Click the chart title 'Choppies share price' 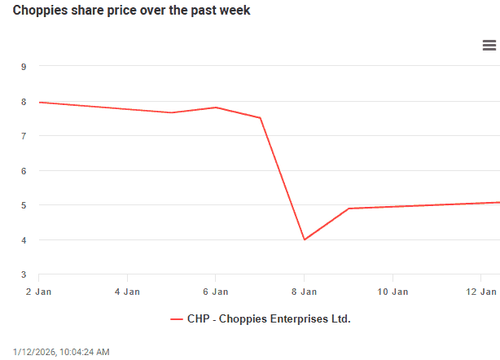(131, 11)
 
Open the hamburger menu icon (489, 46)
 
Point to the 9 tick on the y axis (24, 67)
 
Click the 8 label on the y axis (24, 102)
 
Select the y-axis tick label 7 (24, 136)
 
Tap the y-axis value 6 (24, 171)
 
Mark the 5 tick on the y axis (24, 205)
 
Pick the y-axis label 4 (24, 240)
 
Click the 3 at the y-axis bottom (24, 274)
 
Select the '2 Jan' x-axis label (38, 291)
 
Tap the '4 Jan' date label (127, 291)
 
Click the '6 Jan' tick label (215, 291)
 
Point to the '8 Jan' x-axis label (304, 291)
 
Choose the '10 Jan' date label (393, 291)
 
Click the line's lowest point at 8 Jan (304, 239)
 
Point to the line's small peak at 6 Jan (215, 108)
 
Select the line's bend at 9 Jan (349, 209)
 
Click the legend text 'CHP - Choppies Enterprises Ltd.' (269, 319)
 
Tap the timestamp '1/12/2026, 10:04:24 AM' (61, 352)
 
